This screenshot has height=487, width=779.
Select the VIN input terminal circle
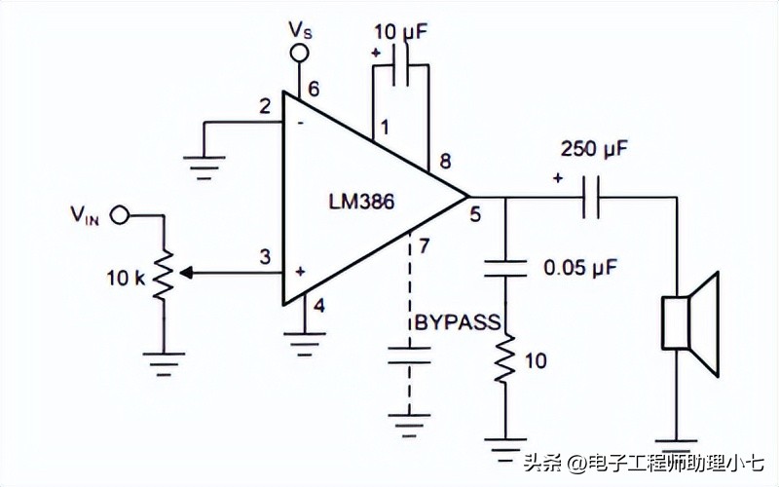pos(119,213)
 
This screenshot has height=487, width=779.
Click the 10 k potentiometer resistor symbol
pos(163,274)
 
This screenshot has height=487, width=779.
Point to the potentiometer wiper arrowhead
pos(187,274)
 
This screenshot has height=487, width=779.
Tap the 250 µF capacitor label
pos(594,150)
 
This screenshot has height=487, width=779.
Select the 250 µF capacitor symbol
pos(590,198)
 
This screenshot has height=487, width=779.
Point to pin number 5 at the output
pos(475,215)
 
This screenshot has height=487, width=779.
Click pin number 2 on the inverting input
pos(265,106)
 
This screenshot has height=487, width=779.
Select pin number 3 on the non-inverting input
pos(264,257)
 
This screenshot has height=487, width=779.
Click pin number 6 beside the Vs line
pos(314,91)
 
